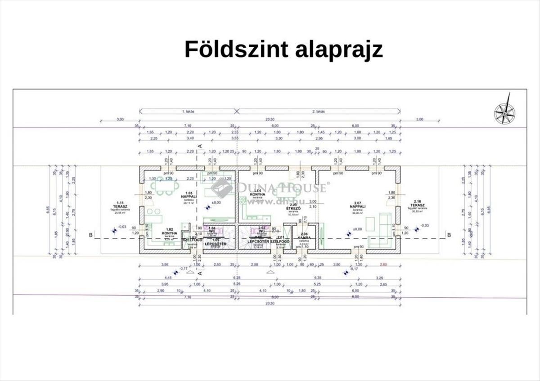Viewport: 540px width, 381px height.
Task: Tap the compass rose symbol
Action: tap(504, 110)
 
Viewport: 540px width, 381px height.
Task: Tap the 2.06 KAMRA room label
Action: tap(303, 238)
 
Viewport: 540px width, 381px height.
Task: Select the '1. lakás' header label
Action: tap(188, 111)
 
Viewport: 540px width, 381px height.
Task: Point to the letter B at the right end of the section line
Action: tap(448, 234)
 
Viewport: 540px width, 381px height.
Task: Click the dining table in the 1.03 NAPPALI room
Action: tap(164, 185)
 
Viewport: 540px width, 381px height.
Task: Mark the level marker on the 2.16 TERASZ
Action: tap(417, 229)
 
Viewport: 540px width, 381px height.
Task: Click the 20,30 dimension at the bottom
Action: tap(269, 304)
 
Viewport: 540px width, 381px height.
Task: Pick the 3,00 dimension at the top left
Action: tap(120, 119)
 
